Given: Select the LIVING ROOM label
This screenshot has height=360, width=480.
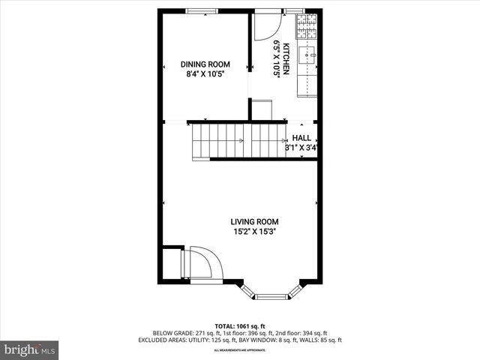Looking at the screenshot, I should [x=254, y=221].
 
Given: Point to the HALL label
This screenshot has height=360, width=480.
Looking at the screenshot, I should [x=301, y=138].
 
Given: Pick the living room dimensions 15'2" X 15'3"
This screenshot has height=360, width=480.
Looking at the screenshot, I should [x=254, y=232].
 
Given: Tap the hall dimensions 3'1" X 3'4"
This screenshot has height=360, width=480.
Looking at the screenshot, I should [x=301, y=148].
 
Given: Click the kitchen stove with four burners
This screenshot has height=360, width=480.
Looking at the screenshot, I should [x=307, y=26].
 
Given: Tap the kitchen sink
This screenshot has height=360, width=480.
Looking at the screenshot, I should [x=307, y=56].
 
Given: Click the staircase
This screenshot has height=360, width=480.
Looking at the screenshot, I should [x=237, y=140].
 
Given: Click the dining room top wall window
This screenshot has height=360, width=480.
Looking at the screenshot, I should [x=198, y=10].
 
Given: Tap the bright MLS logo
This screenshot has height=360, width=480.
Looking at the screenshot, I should [x=30, y=349].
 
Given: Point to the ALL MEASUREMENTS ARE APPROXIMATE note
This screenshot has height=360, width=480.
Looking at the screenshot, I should [x=239, y=350].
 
